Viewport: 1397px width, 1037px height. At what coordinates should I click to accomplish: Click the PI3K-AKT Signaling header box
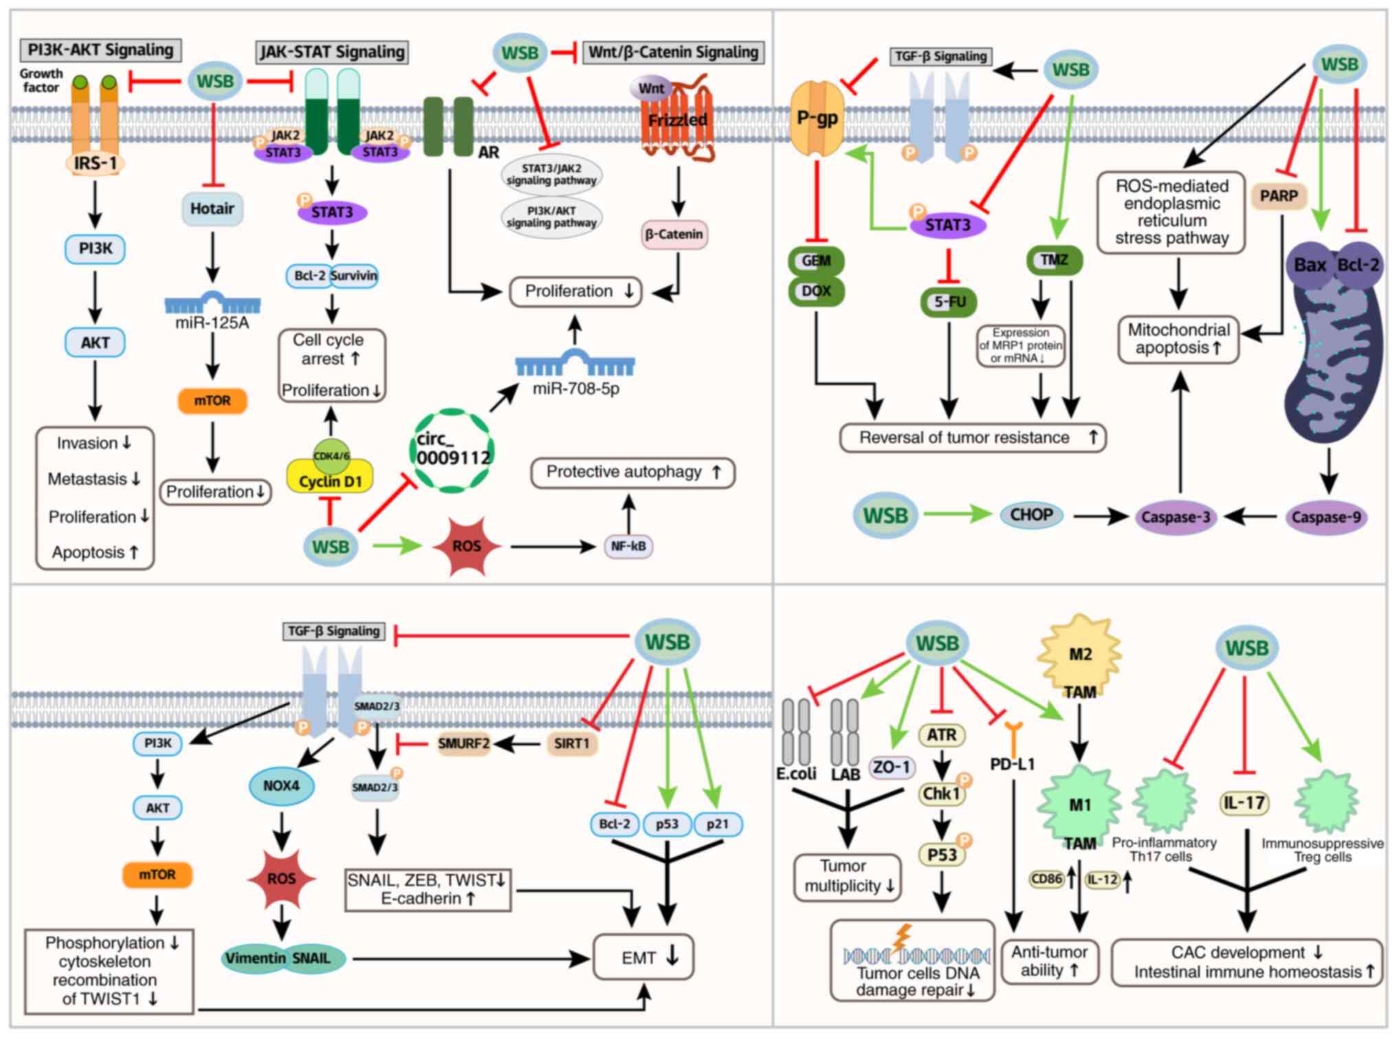pyautogui.click(x=100, y=50)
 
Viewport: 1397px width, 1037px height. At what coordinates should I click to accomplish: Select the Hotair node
pyautogui.click(x=212, y=208)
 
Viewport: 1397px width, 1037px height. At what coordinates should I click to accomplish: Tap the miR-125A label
pyautogui.click(x=212, y=323)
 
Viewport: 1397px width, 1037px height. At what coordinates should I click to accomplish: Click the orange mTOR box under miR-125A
pyautogui.click(x=212, y=401)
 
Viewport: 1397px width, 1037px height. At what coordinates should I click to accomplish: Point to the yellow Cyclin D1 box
pyautogui.click(x=330, y=480)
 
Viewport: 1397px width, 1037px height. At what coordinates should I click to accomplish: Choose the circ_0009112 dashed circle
pyautogui.click(x=453, y=450)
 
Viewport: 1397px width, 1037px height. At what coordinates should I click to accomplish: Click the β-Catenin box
pyautogui.click(x=674, y=234)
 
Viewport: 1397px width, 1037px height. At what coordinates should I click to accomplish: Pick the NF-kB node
pyautogui.click(x=628, y=546)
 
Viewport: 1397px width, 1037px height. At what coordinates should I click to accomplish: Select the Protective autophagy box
pyautogui.click(x=632, y=472)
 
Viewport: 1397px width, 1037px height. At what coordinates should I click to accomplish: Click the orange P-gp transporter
pyautogui.click(x=817, y=118)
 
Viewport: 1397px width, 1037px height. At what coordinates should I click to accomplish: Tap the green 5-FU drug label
pyautogui.click(x=949, y=302)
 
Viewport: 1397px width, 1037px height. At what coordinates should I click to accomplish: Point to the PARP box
pyautogui.click(x=1279, y=196)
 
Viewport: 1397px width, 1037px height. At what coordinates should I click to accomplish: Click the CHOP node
pyautogui.click(x=1031, y=515)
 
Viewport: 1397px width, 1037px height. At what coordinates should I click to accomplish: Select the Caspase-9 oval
pyautogui.click(x=1326, y=517)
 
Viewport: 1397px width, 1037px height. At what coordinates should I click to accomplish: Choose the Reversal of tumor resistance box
pyautogui.click(x=973, y=437)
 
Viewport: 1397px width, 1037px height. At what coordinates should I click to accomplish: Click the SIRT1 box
pyautogui.click(x=571, y=743)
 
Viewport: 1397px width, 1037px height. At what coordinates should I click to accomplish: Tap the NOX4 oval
pyautogui.click(x=281, y=785)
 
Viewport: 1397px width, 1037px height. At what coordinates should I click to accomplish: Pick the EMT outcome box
pyautogui.click(x=643, y=957)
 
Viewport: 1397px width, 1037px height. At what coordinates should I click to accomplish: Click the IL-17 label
pyautogui.click(x=1244, y=803)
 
